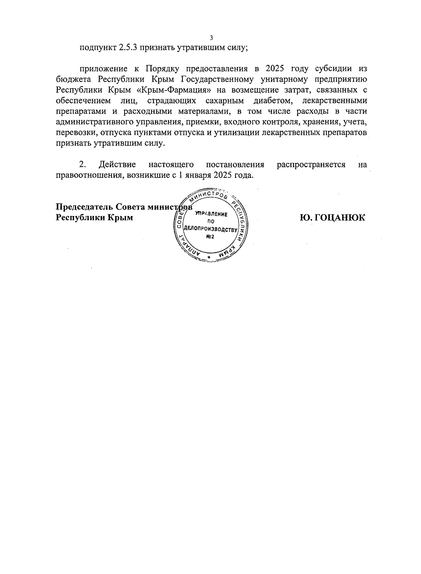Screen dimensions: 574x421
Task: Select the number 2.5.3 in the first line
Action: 126,48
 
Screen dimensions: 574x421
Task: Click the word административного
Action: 95,122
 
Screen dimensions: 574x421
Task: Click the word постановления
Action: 235,164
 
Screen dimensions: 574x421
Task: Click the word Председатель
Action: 85,207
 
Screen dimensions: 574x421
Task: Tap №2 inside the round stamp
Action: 210,237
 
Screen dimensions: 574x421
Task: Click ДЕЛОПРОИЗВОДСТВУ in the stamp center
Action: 210,229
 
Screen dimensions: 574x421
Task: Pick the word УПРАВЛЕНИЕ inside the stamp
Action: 212,214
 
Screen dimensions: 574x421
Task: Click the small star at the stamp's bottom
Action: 209,258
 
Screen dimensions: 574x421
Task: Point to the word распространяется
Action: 311,164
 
